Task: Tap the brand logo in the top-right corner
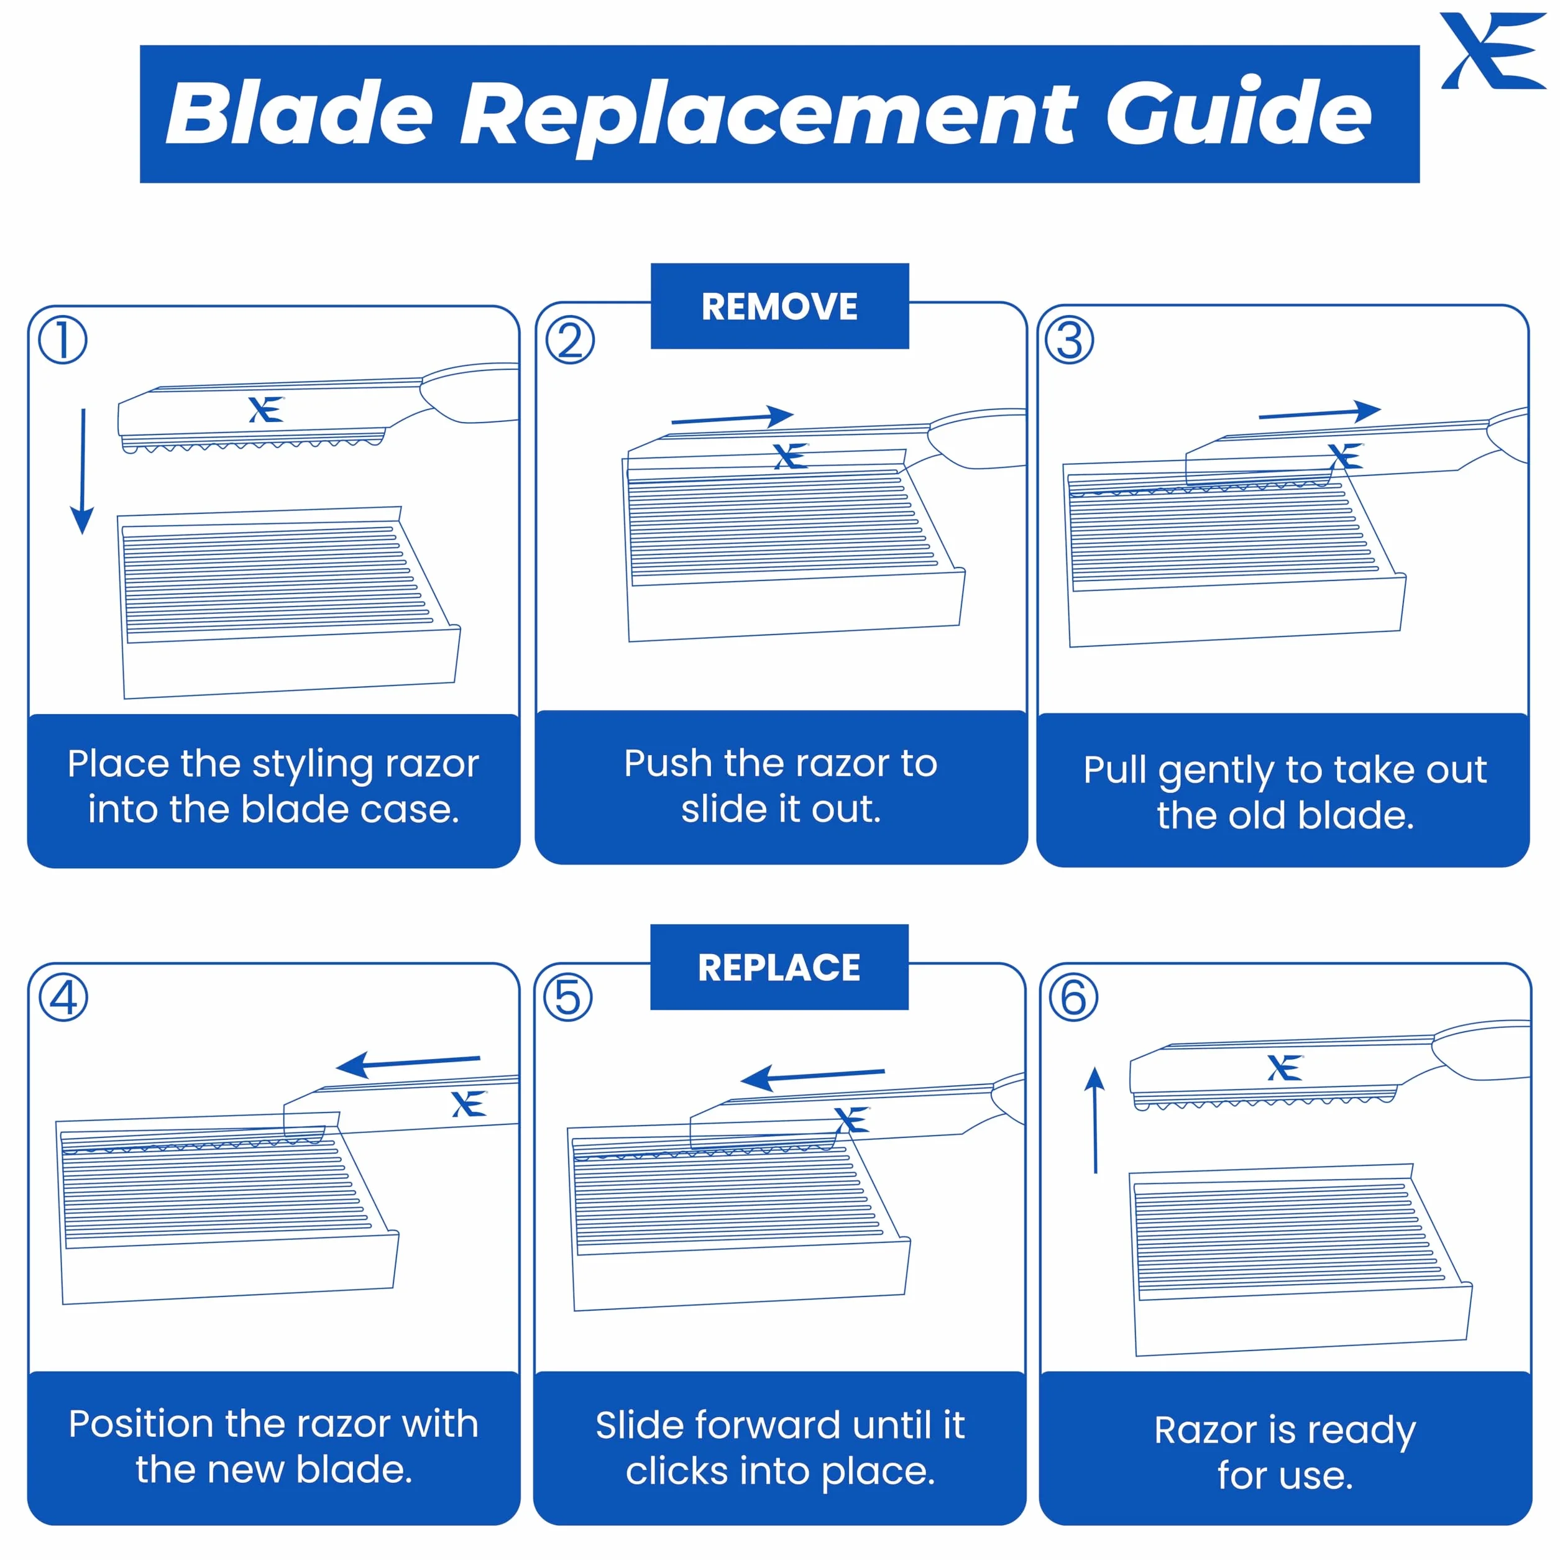coord(1493,51)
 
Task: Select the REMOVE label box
coord(779,306)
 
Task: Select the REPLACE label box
coord(779,966)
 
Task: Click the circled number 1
coord(63,340)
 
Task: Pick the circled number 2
coord(570,340)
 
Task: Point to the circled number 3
coord(1070,340)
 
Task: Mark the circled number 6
coord(1073,998)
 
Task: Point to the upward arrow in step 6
coord(1095,1120)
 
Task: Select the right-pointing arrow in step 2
coord(732,418)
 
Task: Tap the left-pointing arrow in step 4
coord(408,1064)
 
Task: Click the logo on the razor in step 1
coord(265,410)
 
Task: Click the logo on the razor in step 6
coord(1285,1068)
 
